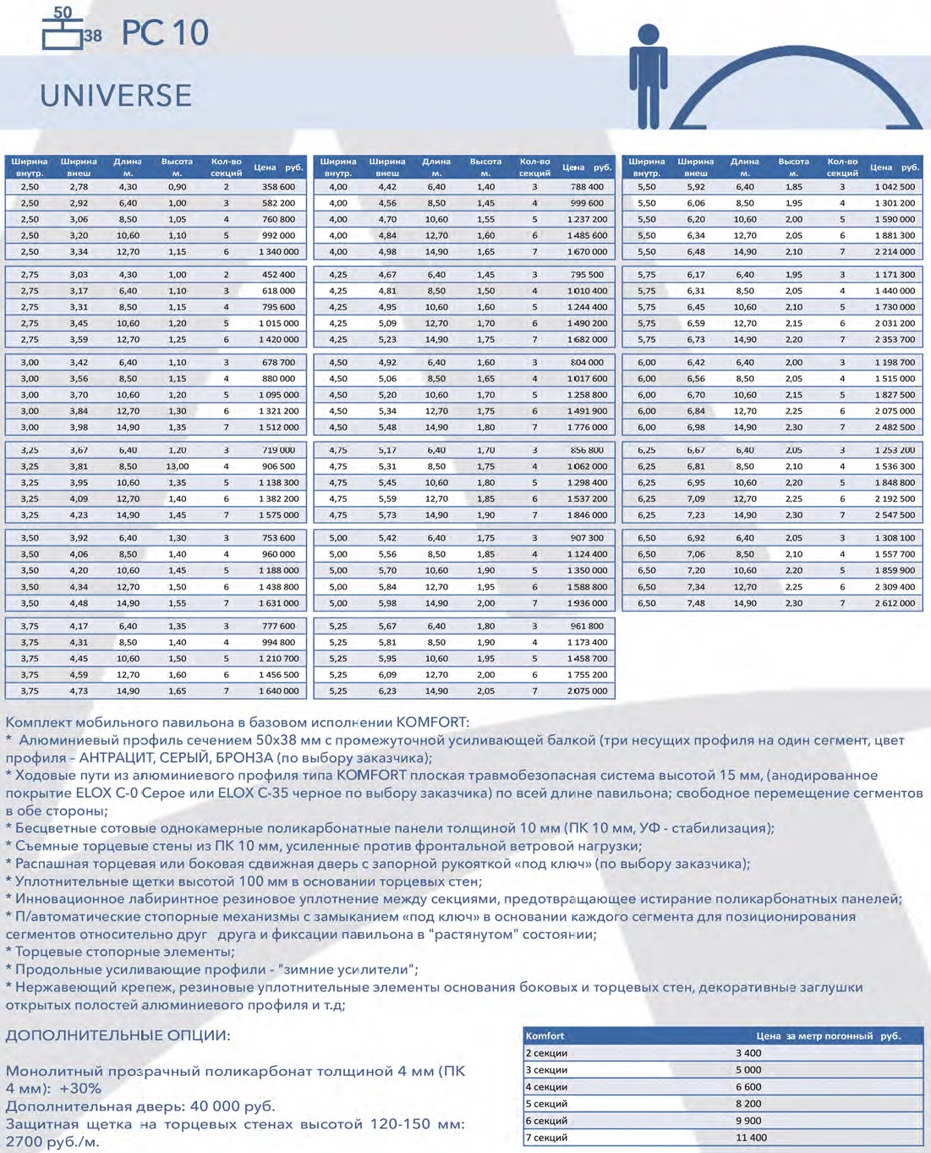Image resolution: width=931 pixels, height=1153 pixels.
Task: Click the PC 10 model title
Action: pos(165,33)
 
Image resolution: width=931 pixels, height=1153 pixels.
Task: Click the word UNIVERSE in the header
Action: pos(116,96)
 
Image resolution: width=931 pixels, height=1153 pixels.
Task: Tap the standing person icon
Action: pos(648,76)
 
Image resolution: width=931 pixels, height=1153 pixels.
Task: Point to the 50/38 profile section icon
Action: pos(70,29)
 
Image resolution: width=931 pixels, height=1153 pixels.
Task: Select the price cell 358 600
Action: pos(278,187)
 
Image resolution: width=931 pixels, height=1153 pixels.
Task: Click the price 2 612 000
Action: pos(895,603)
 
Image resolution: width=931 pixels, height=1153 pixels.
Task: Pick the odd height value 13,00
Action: pos(178,466)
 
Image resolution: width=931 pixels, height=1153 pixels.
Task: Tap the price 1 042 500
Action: pos(895,187)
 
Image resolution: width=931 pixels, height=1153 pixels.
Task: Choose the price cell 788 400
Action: pos(587,187)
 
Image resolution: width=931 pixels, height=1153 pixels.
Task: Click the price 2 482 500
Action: pos(895,427)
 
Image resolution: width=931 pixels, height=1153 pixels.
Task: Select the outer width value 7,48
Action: pos(696,603)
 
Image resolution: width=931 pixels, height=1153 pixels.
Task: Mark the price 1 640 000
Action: pos(278,691)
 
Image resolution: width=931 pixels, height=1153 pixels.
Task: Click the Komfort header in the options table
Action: pos(545,1035)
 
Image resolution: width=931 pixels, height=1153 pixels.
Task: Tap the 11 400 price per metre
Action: pos(751,1138)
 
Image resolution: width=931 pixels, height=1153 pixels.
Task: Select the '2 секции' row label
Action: pos(546,1053)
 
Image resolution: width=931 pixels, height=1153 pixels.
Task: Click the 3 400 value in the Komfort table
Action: pos(748,1053)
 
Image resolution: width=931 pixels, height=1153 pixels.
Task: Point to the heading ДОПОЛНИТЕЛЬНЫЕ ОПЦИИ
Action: pos(118,1035)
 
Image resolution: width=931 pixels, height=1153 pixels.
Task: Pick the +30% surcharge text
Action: pos(80,1089)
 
